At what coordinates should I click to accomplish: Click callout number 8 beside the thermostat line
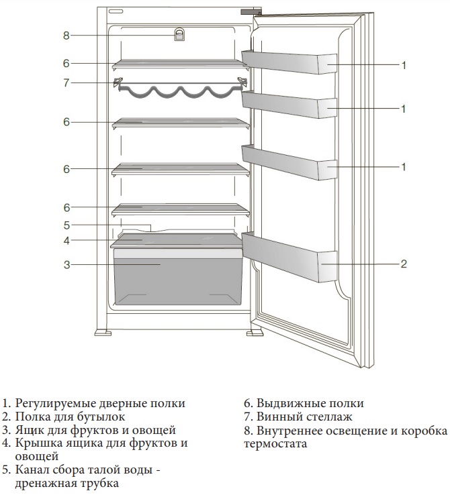[66, 35]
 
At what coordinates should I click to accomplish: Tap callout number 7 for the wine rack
[66, 83]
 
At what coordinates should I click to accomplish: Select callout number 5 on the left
[66, 225]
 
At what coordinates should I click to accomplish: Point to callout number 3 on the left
[66, 265]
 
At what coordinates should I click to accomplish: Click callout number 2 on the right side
[404, 264]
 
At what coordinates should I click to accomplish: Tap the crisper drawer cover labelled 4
[178, 239]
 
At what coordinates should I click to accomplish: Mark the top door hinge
[251, 11]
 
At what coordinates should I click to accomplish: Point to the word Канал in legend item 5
[30, 470]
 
